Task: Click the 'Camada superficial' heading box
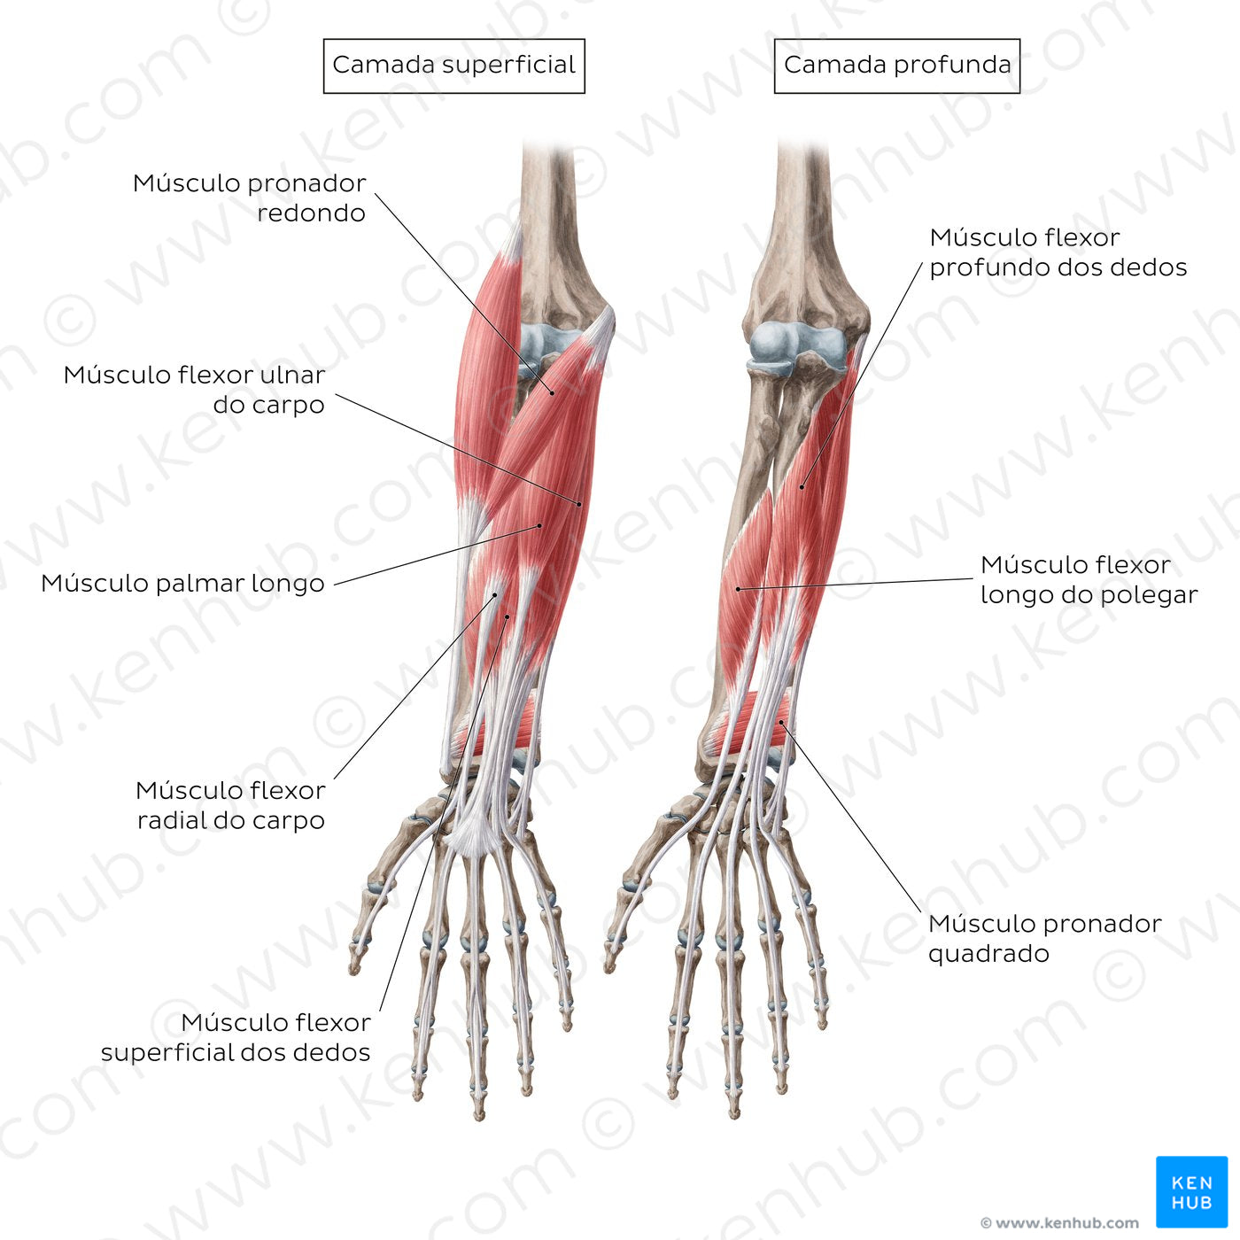[x=453, y=66]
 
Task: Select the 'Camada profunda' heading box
[x=896, y=66]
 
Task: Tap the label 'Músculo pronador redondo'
[x=249, y=198]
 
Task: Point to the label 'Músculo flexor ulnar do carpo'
[x=194, y=390]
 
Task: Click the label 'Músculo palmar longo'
[x=182, y=583]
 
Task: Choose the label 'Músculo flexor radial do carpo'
[x=230, y=804]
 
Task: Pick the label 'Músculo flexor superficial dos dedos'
[x=236, y=1036]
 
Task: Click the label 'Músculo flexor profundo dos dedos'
[x=1058, y=252]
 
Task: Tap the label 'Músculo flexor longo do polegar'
[x=1089, y=579]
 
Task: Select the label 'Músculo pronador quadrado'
[x=1044, y=938]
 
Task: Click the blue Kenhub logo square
[x=1192, y=1192]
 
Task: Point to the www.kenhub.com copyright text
[x=1059, y=1222]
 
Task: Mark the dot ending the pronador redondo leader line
[x=552, y=392]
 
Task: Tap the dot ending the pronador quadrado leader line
[x=782, y=723]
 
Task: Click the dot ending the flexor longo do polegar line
[x=738, y=589]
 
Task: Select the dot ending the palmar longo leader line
[x=539, y=526]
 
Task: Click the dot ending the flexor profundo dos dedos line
[x=802, y=486]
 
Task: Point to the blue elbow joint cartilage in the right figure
[x=798, y=347]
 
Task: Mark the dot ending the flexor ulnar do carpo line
[x=579, y=505]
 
